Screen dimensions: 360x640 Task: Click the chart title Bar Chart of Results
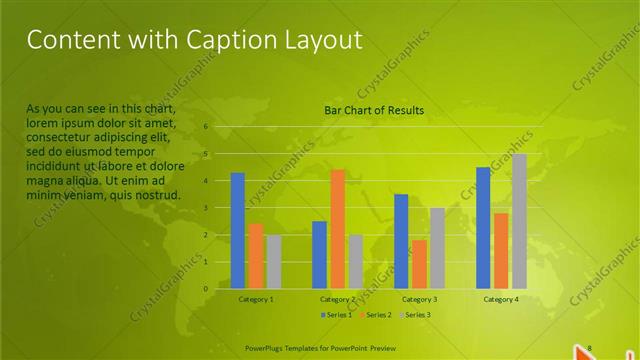click(x=374, y=110)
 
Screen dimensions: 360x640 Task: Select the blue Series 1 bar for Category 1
click(x=238, y=231)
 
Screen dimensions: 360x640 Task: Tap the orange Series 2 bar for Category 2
click(x=337, y=229)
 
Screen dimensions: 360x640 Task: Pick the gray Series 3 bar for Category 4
click(x=519, y=221)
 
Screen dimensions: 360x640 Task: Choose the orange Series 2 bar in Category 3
click(x=419, y=264)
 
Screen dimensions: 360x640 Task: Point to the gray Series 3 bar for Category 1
click(x=274, y=262)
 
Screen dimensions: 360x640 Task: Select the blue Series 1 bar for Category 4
click(x=483, y=228)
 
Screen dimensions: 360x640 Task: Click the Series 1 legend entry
click(x=337, y=315)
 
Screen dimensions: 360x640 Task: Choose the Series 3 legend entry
click(x=414, y=315)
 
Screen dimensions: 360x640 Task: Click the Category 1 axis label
click(x=256, y=299)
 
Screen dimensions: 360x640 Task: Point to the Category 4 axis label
click(x=501, y=299)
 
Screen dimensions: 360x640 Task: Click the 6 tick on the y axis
click(x=205, y=127)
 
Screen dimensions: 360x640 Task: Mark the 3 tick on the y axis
click(x=205, y=208)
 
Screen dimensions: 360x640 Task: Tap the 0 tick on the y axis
click(x=205, y=289)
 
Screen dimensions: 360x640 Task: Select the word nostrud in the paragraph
click(x=158, y=194)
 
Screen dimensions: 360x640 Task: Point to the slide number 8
click(x=590, y=347)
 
